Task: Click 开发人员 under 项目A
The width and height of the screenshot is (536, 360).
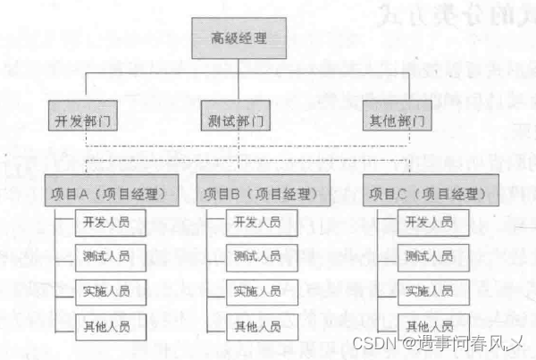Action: tap(106, 222)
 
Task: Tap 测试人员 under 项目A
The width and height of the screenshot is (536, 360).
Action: tap(106, 256)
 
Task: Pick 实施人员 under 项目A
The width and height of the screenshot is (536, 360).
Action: tap(106, 291)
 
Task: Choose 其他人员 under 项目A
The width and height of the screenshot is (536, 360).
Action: tap(106, 326)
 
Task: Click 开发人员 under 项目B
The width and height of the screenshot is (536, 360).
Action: tap(257, 222)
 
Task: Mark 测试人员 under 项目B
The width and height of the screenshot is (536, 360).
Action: tap(257, 256)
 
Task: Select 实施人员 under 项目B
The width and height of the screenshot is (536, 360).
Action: tap(257, 291)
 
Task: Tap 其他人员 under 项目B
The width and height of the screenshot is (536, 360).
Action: tap(257, 326)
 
